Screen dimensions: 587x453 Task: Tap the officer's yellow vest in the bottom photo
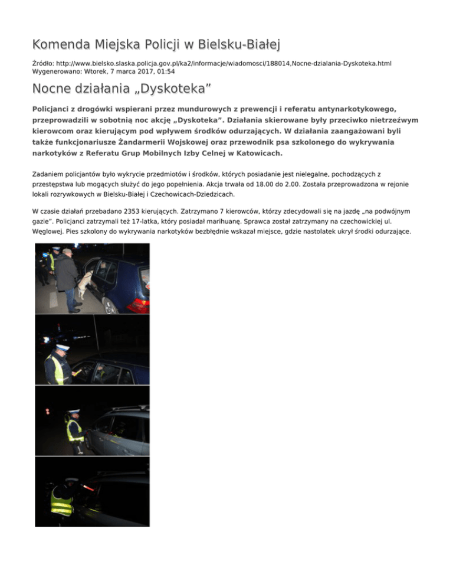pyautogui.click(x=62, y=501)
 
